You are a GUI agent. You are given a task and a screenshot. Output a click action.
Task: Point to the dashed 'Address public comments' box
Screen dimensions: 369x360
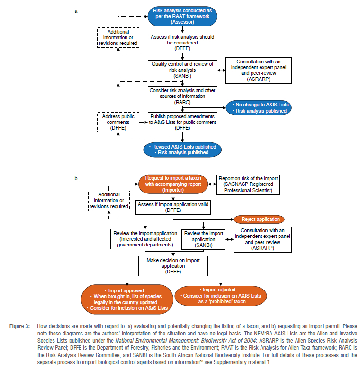(x=118, y=122)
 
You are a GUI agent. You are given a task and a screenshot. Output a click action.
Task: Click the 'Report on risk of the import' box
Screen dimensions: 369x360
(x=248, y=185)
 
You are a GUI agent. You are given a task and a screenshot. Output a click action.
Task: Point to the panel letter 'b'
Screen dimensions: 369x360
(x=76, y=179)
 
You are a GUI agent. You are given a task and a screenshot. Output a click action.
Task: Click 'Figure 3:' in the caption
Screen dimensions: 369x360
(x=20, y=327)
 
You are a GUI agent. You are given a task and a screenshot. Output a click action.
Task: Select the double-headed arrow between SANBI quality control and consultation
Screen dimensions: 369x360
(x=221, y=70)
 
